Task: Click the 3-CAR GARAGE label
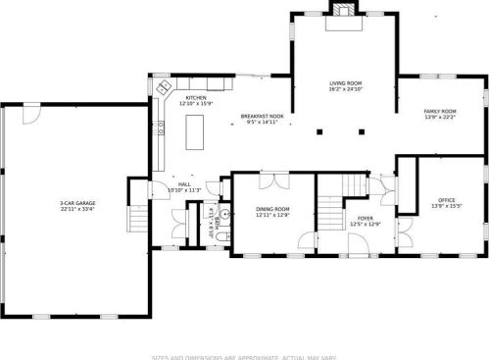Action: tap(77, 202)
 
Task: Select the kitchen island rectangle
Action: tap(194, 130)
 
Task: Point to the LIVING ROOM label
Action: tap(344, 85)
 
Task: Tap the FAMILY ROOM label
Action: tap(439, 111)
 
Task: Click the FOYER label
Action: tap(365, 219)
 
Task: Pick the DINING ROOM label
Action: tap(272, 209)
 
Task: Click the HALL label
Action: tap(184, 183)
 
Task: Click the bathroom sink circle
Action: tap(224, 212)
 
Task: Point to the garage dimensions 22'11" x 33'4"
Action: tap(77, 209)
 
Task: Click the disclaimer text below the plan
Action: tap(244, 354)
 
